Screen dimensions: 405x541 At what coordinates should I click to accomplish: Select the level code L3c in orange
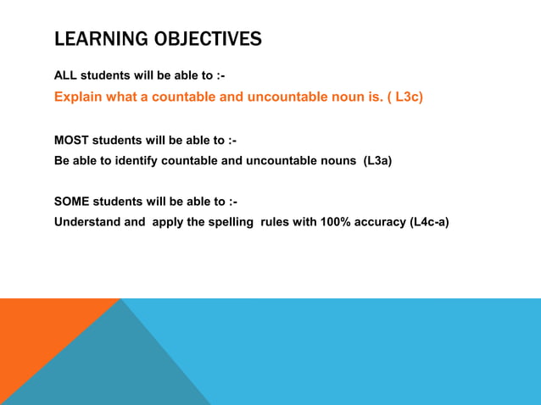point(409,97)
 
